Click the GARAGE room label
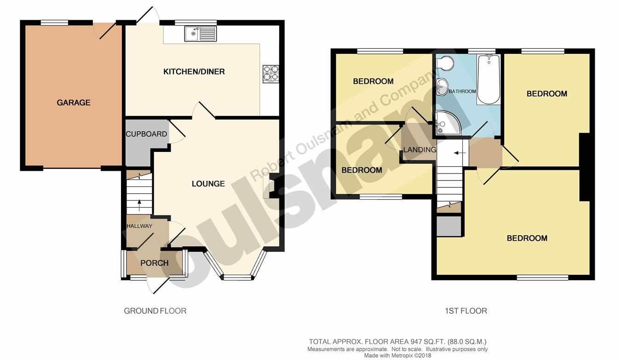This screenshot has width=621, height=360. coord(74,103)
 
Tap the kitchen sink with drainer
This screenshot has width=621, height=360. coord(201,34)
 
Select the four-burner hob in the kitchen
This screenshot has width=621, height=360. coord(271,74)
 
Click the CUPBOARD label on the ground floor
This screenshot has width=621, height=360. coord(146,134)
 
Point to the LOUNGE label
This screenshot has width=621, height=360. coord(208,184)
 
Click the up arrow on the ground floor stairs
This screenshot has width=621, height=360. coord(139,205)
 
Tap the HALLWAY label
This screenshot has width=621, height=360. coord(139,226)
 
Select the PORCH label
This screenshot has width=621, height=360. coord(155,263)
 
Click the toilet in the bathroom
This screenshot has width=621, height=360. coord(444,63)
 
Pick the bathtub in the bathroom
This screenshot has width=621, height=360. coord(489,79)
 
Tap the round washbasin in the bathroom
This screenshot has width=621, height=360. coord(442,87)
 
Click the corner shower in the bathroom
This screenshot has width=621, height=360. coord(448,123)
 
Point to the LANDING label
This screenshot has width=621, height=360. coord(420,150)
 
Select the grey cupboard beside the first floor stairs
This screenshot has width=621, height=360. coord(449,226)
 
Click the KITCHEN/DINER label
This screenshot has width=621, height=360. coord(194,71)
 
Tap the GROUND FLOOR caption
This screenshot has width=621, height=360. coord(155,311)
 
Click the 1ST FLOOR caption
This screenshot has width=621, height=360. coord(466,311)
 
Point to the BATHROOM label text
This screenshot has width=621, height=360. coord(462,91)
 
